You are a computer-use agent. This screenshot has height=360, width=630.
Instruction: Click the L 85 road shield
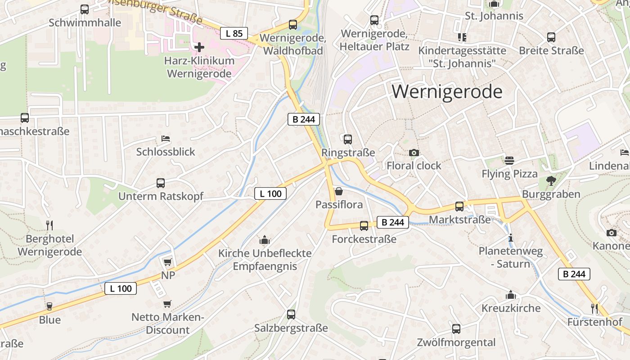pos(234,33)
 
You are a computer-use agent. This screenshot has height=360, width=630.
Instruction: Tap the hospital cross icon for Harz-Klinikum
pos(199,47)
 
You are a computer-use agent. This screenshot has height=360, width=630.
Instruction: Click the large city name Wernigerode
pos(447,92)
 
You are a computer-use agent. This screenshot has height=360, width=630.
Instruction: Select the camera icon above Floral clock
pos(414,153)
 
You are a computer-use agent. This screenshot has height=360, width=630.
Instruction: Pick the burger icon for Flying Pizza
pos(509,161)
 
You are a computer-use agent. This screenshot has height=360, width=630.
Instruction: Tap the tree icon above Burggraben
pos(551,181)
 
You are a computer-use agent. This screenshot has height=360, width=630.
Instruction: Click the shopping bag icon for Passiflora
pos(339,192)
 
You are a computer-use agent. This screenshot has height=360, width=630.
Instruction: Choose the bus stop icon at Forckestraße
pos(364,226)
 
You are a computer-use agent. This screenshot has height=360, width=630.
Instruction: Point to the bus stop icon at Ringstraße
pos(348,139)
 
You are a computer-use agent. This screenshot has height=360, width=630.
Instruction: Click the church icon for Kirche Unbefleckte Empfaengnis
pos(265,240)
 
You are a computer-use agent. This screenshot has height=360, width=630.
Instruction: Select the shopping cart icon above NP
pos(168,262)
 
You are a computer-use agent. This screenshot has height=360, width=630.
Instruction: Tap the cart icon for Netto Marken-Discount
pos(167,304)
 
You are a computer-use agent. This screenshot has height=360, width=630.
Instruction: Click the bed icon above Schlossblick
pos(166,139)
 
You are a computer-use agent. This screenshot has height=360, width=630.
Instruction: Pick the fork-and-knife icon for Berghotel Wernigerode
pos(49,225)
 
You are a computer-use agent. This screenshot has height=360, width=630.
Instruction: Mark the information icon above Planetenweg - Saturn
pos(510,238)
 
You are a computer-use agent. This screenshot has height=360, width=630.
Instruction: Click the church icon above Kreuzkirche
pos(511,295)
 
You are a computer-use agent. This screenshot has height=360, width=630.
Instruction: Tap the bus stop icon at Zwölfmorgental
pos(456,329)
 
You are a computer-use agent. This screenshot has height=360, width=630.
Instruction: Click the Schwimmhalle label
pos(85,22)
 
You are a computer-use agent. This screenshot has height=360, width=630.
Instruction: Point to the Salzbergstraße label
pos(291,328)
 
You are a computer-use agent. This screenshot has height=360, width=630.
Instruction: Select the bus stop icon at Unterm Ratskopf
pos(161,183)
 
